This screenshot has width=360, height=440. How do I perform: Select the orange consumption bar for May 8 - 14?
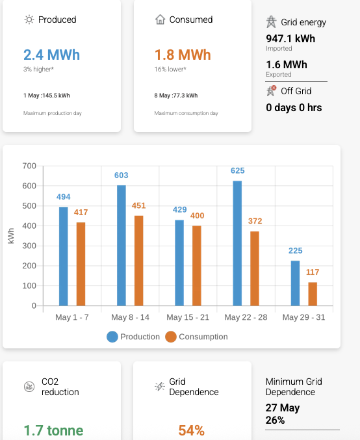(138, 260)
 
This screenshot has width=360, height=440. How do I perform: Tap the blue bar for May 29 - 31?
(296, 283)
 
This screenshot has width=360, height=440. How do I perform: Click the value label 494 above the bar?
(63, 197)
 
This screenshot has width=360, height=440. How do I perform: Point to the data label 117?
(313, 272)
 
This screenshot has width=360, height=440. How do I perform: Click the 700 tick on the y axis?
(29, 166)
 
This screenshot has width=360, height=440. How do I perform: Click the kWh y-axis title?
(12, 236)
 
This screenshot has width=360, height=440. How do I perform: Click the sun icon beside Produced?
(29, 19)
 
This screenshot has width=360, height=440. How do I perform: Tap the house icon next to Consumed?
(160, 19)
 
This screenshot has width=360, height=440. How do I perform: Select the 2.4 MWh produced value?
(51, 55)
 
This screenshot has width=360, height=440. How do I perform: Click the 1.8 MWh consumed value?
(183, 55)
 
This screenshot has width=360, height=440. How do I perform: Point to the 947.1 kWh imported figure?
(290, 38)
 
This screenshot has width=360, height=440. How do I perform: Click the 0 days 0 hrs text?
(294, 107)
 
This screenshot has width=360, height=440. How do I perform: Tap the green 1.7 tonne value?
(53, 430)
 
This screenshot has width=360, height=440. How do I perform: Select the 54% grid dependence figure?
(192, 430)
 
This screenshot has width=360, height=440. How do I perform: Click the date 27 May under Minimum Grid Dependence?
(283, 408)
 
